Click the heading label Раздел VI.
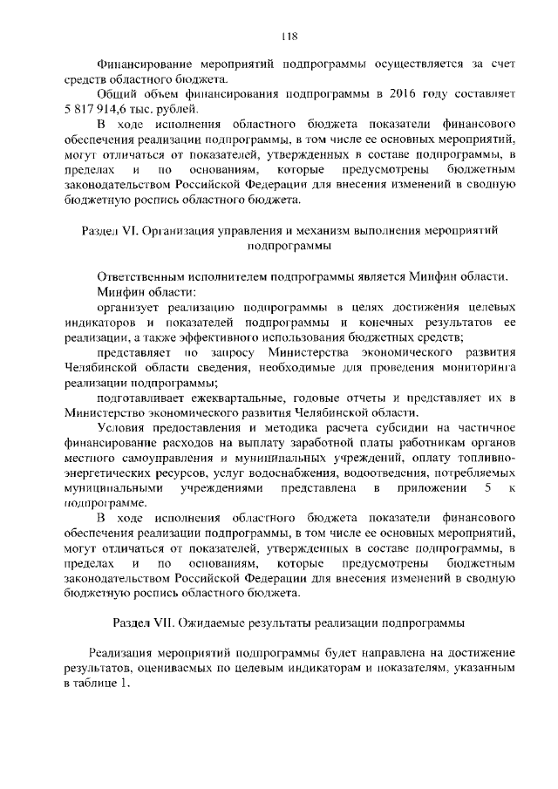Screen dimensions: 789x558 (105, 231)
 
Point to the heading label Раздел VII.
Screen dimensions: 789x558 (143, 623)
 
